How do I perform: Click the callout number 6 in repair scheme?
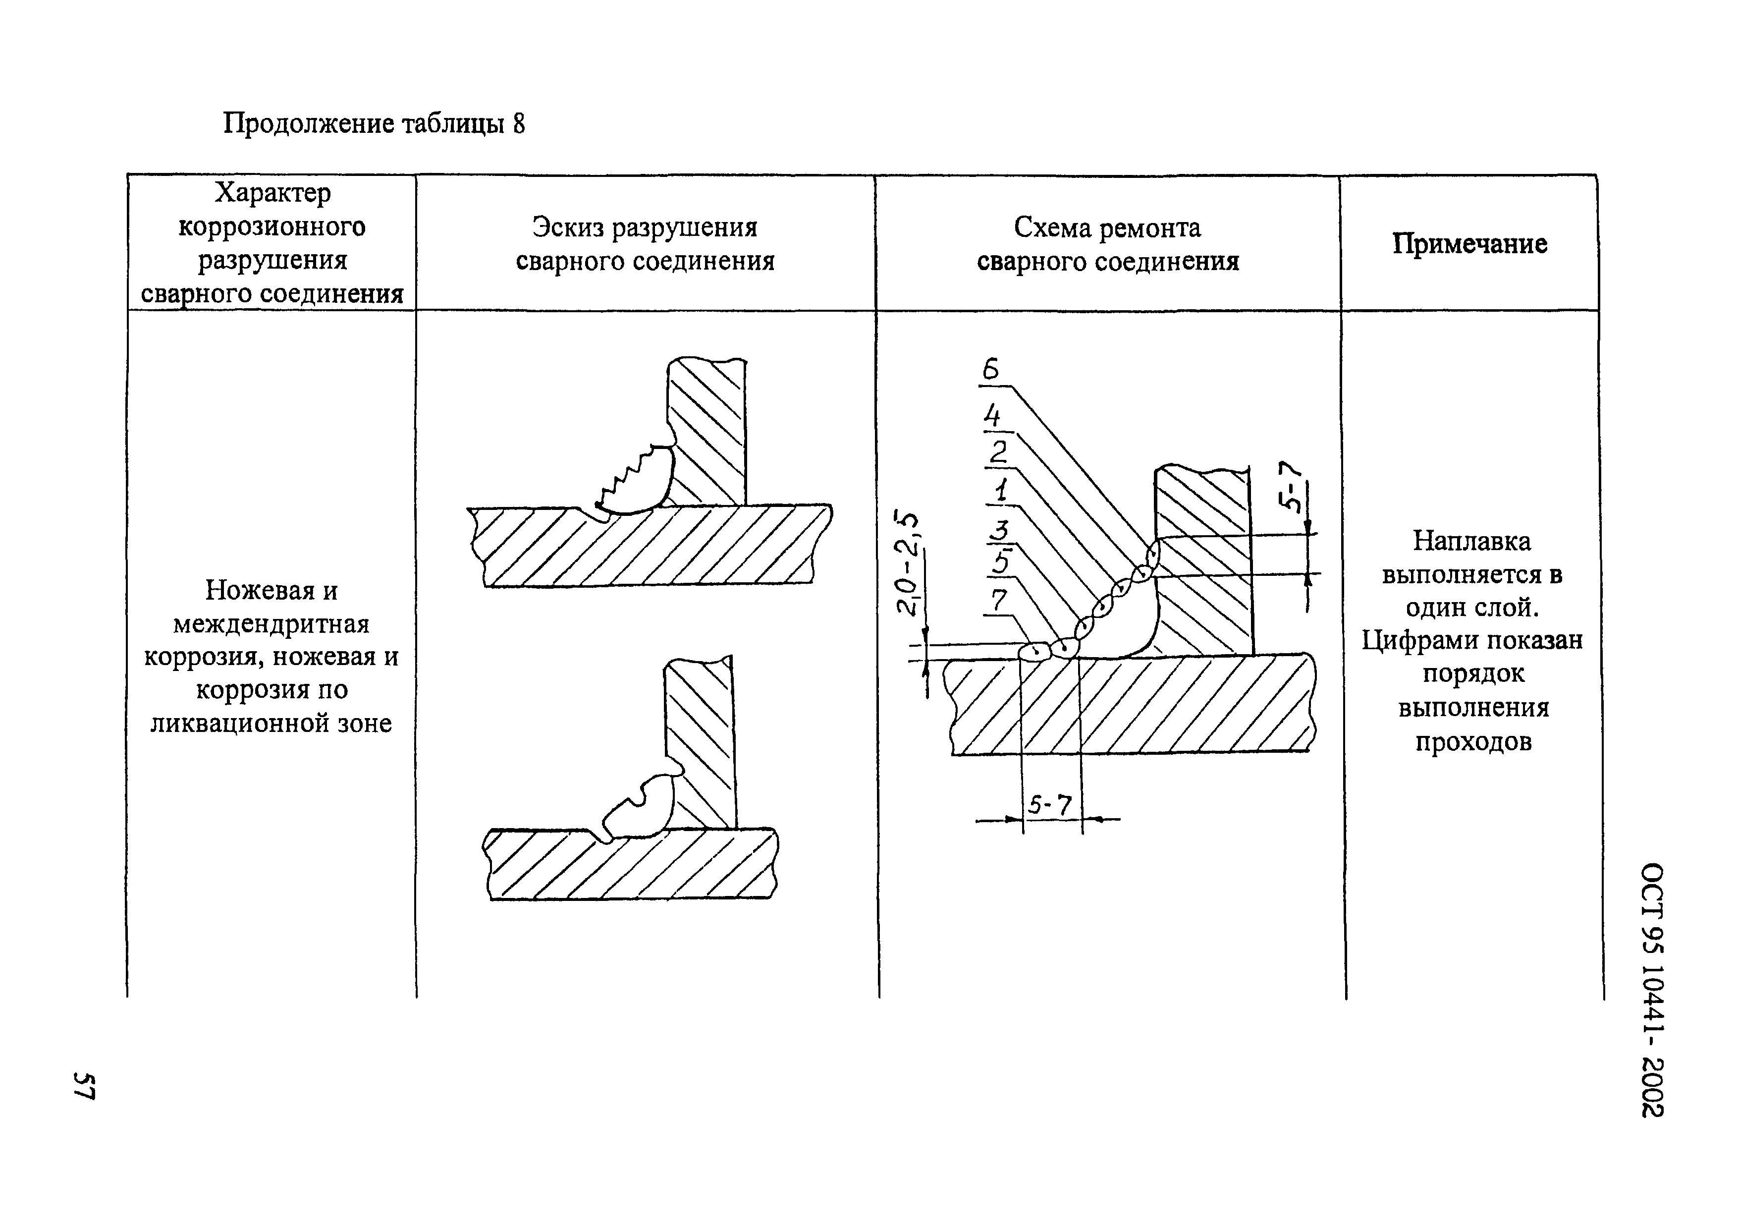991,370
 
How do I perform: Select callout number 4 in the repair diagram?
992,416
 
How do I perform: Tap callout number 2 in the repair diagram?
998,452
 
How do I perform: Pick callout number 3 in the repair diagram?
1001,530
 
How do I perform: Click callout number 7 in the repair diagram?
999,601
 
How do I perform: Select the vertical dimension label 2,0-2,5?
908,564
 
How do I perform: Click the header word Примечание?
1469,244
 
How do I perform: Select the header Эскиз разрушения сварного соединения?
645,244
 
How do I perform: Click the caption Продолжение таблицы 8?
373,123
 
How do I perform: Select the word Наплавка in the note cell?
1471,541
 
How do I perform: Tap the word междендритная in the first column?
271,624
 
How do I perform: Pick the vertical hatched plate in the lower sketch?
700,742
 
